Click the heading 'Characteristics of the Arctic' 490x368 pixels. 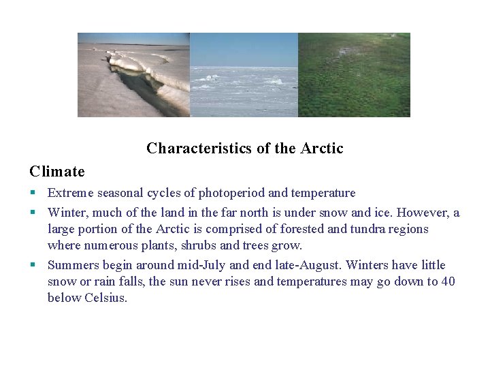click(x=244, y=149)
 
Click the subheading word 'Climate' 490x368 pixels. click(x=56, y=172)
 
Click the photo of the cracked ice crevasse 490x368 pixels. click(x=133, y=75)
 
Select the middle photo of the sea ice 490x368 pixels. click(x=244, y=75)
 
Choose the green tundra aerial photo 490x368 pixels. click(x=354, y=75)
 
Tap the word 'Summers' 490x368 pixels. click(x=73, y=265)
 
